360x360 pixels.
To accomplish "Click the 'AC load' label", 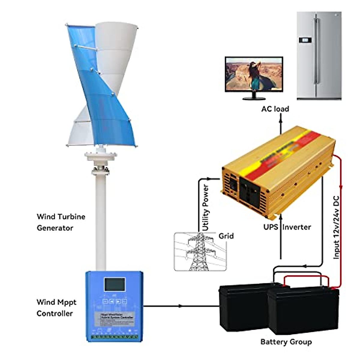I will tap(275, 109).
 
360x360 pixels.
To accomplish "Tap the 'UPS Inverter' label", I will tap(287, 227).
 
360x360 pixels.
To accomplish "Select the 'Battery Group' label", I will tap(286, 342).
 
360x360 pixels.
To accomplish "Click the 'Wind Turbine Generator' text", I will tap(61, 222).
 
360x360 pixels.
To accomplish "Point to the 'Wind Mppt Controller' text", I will tap(56, 307).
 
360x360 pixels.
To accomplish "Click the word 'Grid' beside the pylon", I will tap(226, 236).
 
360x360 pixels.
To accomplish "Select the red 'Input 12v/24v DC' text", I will tap(336, 227).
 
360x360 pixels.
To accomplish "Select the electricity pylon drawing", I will tap(199, 252).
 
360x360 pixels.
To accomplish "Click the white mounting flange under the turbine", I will tap(100, 156).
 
